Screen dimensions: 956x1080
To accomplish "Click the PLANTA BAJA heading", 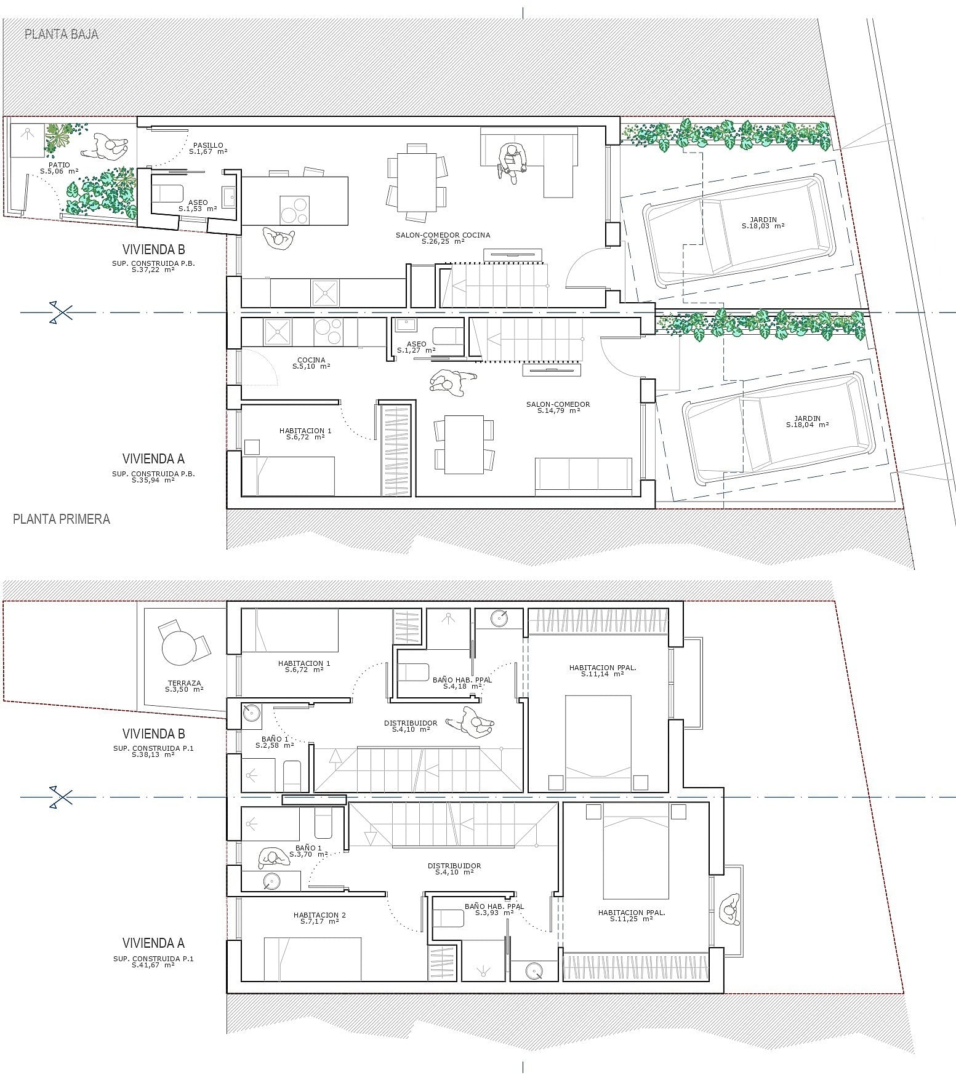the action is (62, 34).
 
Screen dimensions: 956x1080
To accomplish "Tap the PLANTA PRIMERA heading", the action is (62, 519).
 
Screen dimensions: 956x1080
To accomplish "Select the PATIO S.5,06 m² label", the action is (59, 168).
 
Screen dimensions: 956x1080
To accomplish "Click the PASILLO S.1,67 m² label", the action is (208, 148).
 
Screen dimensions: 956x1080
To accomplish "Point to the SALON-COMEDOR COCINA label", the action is (443, 238).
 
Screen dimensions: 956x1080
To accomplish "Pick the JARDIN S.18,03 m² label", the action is (763, 223).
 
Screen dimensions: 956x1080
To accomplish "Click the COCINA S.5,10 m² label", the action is (311, 363).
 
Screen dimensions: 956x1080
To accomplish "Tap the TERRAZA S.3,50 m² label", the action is (184, 686).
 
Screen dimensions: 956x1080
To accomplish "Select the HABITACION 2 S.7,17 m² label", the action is (319, 918).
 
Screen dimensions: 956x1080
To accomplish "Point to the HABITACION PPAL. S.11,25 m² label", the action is (632, 916).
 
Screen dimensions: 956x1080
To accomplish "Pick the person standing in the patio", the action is (111, 146).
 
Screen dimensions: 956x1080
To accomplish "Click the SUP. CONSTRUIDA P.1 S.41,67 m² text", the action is (153, 962).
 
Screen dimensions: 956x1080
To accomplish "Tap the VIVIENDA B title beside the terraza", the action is (153, 734).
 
